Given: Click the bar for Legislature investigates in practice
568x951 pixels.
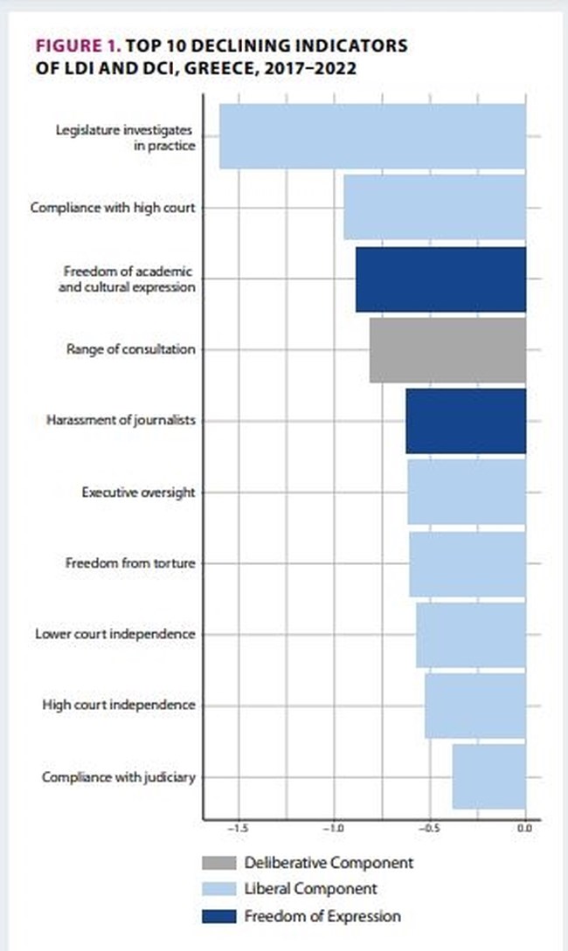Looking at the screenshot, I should click(x=372, y=136).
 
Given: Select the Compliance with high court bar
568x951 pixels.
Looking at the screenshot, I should click(x=434, y=208).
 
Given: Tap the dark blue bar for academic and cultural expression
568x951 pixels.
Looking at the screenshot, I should click(x=440, y=279).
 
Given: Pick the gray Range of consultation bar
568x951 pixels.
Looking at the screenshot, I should click(x=447, y=350).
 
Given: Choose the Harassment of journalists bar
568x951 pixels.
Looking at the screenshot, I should click(x=466, y=421).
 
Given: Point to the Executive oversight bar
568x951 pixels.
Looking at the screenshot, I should click(x=467, y=492).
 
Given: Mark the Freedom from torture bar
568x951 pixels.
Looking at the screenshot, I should click(x=468, y=563).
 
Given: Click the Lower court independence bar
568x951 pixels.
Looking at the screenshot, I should click(x=471, y=635).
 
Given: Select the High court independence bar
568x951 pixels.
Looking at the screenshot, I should click(x=475, y=705).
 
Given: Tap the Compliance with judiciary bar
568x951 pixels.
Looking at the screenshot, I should click(x=489, y=776).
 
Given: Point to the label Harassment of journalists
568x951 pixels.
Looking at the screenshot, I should click(x=121, y=421).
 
